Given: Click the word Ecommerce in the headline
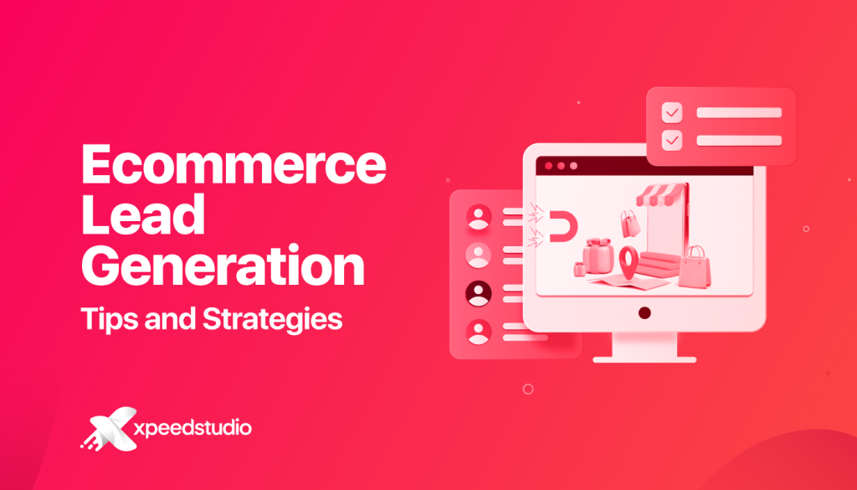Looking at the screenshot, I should [233, 166].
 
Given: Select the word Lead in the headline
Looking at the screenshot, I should [142, 216].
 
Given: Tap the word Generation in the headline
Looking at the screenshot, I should [223, 267].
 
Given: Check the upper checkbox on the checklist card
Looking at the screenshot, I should [671, 112].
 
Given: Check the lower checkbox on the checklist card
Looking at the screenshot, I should [671, 141].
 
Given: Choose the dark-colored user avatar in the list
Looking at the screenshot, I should [478, 293].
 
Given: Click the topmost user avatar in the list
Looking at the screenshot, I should [478, 218].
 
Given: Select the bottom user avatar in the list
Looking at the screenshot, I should [478, 332].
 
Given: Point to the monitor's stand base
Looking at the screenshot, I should [644, 355].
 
